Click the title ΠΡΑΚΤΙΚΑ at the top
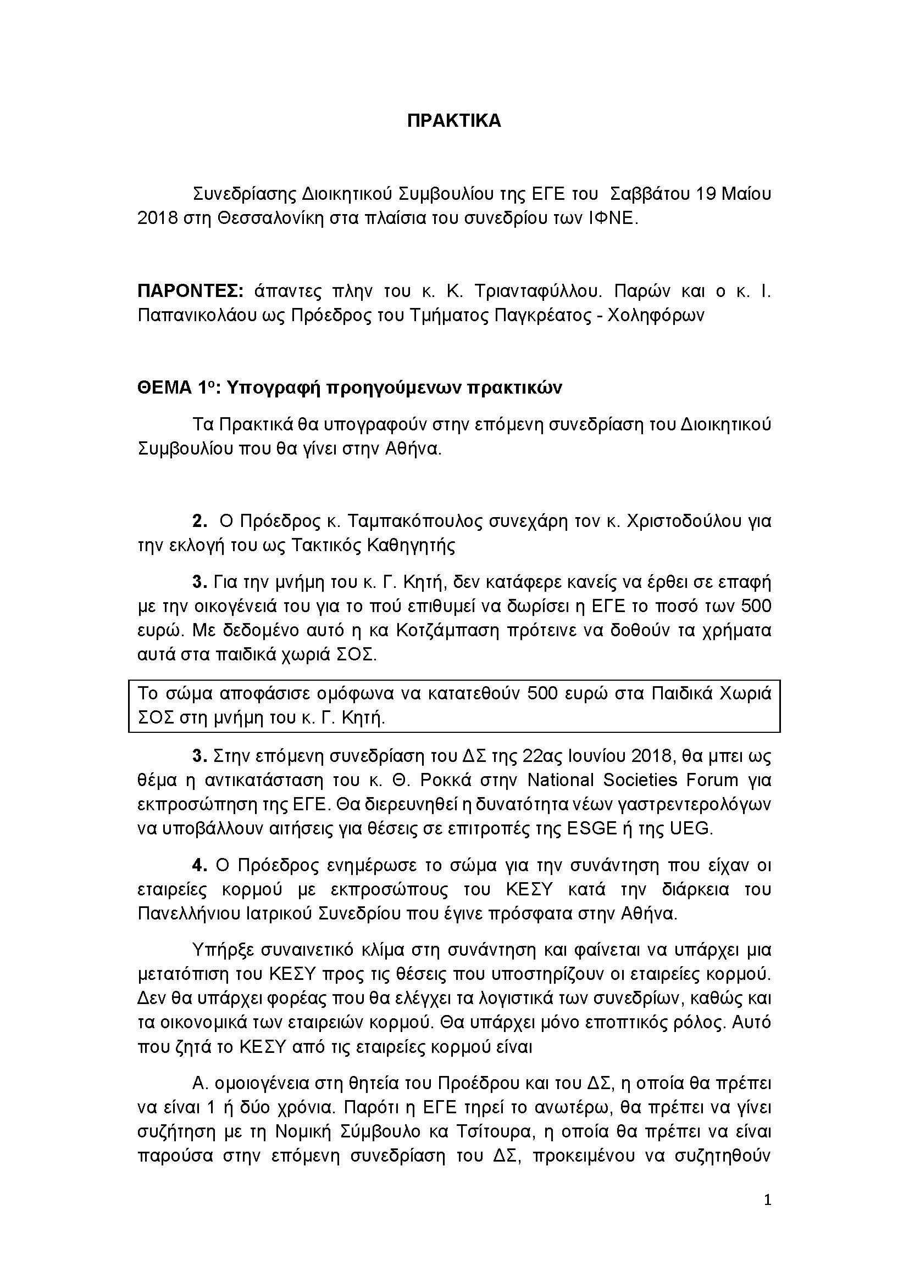[x=454, y=121]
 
